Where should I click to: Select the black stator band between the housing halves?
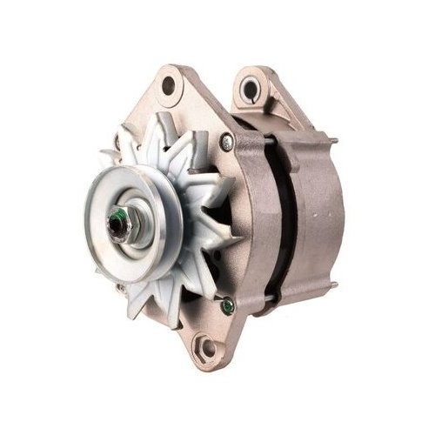pyautogui.click(x=280, y=217)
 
